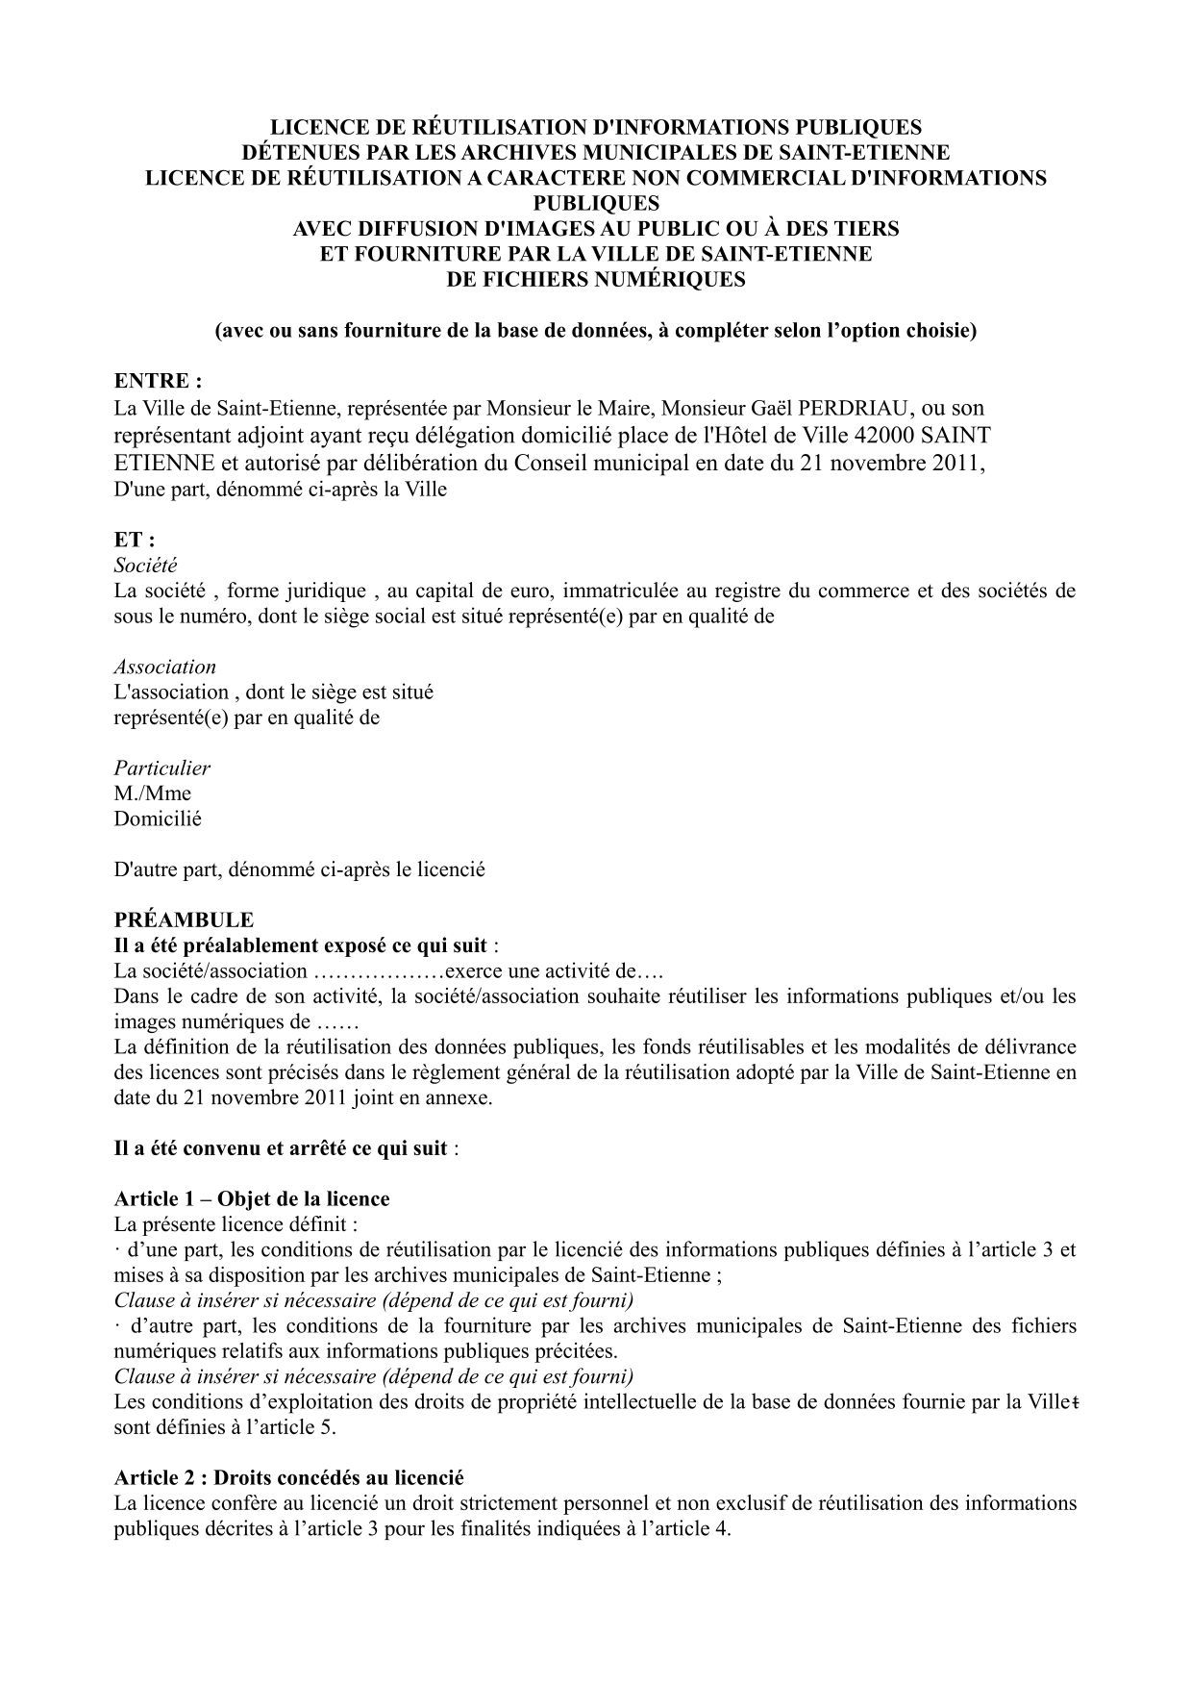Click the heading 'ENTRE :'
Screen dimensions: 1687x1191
pos(158,381)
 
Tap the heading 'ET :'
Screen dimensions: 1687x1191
pos(135,540)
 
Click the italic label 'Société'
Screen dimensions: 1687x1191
pos(145,566)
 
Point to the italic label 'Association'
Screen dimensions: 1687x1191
pos(164,667)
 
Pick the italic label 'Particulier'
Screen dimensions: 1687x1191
pos(161,768)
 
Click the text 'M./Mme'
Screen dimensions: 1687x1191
pos(152,793)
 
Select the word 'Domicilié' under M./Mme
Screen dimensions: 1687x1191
pos(158,819)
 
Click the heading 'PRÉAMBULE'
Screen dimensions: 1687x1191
pos(184,919)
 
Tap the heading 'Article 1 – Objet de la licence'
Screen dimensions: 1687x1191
pos(252,1199)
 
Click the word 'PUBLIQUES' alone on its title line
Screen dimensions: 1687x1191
pos(596,203)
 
